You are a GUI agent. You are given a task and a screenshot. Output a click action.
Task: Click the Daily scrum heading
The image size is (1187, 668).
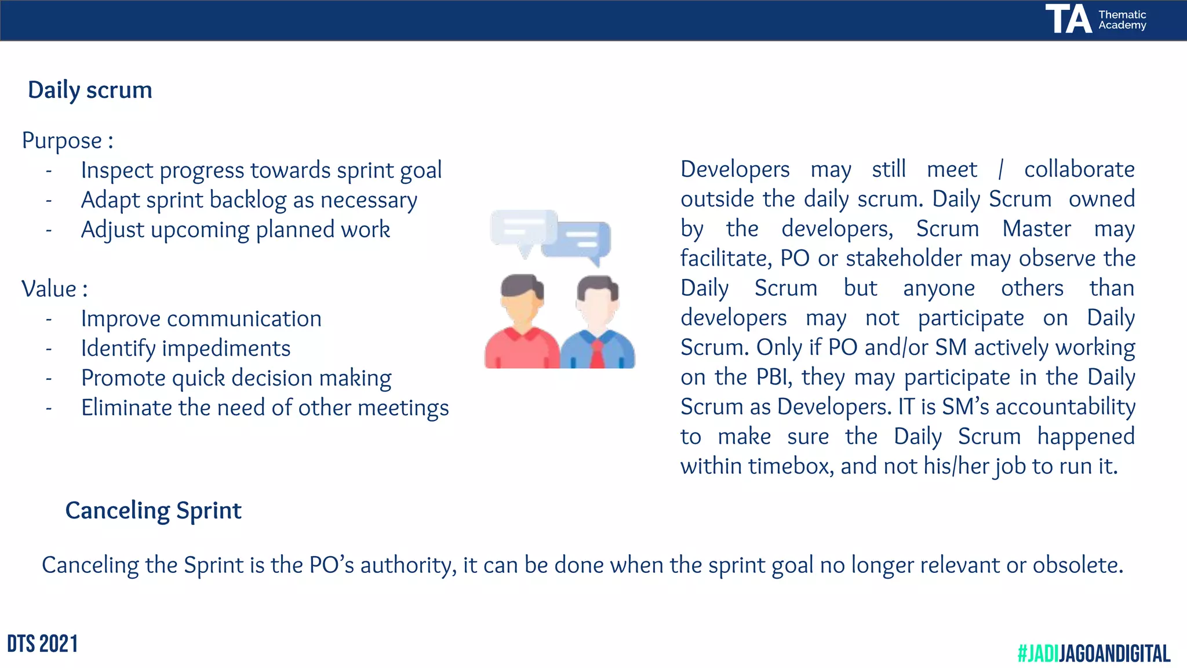click(x=90, y=90)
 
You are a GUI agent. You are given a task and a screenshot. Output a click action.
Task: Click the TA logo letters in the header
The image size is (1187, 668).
click(x=1068, y=19)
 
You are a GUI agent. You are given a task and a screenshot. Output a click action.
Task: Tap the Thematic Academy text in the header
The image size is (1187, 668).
click(x=1122, y=20)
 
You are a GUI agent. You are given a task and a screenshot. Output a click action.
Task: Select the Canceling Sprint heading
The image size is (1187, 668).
click(x=153, y=511)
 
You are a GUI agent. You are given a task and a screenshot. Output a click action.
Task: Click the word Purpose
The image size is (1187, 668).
click(x=62, y=141)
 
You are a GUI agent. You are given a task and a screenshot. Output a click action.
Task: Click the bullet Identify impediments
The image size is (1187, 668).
click(x=185, y=348)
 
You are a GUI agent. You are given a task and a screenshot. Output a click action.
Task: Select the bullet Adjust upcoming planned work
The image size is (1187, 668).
click(x=235, y=230)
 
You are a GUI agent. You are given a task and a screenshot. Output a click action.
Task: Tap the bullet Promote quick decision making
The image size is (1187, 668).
click(x=236, y=379)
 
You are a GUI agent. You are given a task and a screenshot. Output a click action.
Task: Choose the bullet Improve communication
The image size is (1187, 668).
click(x=201, y=319)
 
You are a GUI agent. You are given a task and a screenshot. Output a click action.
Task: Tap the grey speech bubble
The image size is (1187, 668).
click(x=523, y=229)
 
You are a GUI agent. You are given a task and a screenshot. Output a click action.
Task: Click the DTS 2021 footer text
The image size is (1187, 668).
click(x=42, y=644)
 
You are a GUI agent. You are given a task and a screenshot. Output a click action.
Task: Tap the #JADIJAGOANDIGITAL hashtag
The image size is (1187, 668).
click(x=1094, y=654)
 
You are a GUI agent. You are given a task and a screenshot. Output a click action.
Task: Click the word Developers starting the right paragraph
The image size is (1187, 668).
click(x=734, y=170)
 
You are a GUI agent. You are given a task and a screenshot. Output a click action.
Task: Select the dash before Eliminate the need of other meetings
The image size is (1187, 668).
click(x=49, y=409)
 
